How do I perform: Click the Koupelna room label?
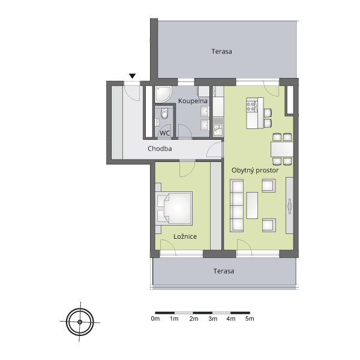[193, 101]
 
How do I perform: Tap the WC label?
[165, 133]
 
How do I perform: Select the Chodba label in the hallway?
[160, 149]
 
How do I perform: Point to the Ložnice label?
[185, 236]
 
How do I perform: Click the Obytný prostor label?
[255, 170]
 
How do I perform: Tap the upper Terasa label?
[221, 52]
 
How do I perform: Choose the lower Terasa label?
[224, 271]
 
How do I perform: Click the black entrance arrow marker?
[132, 76]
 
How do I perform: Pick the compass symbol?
[80, 322]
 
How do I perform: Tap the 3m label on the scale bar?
[213, 319]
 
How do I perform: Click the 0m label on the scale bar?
[155, 319]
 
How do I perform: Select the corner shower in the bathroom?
[163, 94]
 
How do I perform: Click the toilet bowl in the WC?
[164, 113]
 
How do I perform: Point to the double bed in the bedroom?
[174, 208]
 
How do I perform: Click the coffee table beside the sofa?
[252, 205]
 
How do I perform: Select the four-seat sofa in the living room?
[237, 205]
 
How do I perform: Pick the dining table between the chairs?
[282, 149]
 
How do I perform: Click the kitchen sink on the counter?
[217, 130]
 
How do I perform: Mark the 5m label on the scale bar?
[250, 319]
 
